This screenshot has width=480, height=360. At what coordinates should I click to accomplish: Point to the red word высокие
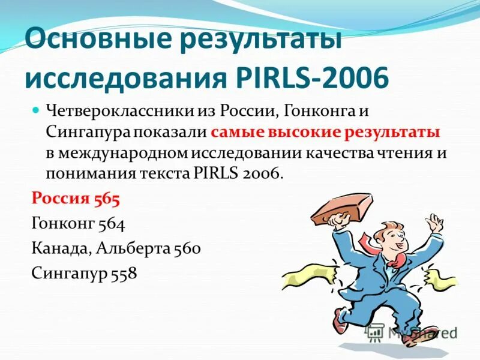pos(308,132)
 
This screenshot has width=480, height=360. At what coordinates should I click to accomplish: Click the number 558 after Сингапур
pos(123,274)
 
